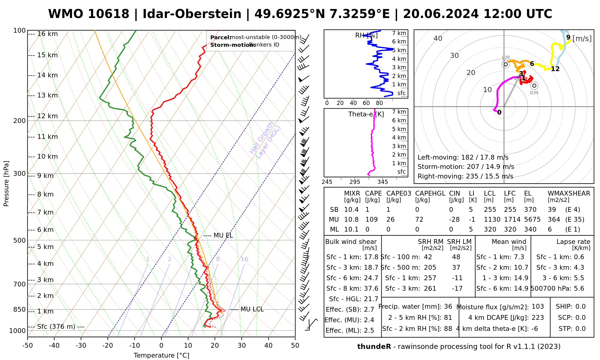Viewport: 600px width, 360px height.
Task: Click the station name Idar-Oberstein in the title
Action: (x=192, y=14)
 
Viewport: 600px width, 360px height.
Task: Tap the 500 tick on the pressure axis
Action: (x=20, y=240)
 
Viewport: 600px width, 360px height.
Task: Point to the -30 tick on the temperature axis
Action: (x=81, y=346)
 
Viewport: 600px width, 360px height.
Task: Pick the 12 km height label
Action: (x=47, y=116)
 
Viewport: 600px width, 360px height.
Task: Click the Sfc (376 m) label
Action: (x=56, y=327)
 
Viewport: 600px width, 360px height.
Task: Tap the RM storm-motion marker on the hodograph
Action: (x=534, y=85)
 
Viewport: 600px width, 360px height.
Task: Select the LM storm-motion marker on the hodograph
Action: (x=506, y=64)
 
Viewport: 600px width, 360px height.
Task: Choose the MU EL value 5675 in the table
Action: (x=532, y=220)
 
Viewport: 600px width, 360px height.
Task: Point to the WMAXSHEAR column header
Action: (x=569, y=193)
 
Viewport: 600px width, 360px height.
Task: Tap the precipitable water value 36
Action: (x=448, y=307)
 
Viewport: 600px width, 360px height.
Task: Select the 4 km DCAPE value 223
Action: (x=538, y=318)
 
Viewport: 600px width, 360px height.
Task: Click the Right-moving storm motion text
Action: (x=465, y=176)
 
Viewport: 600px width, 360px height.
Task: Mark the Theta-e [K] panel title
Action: (x=366, y=114)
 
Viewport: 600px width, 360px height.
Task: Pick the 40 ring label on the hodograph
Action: (x=438, y=38)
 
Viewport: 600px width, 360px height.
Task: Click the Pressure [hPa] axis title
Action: (x=6, y=184)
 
